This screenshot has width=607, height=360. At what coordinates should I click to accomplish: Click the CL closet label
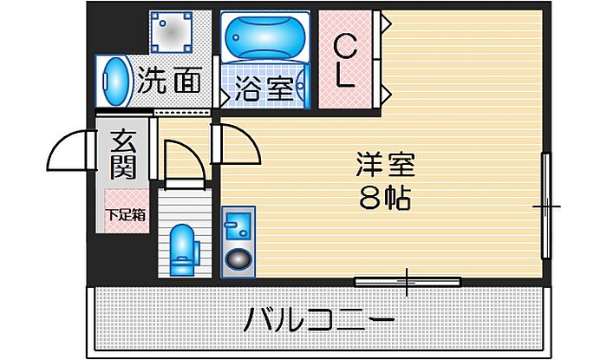[x=345, y=60]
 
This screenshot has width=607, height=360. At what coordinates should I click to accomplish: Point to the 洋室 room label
[x=385, y=164]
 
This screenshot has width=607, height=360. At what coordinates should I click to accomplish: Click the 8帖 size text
[x=385, y=200]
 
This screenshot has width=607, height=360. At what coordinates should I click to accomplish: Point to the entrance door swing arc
[x=71, y=149]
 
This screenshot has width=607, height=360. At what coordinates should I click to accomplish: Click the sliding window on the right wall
[x=546, y=206]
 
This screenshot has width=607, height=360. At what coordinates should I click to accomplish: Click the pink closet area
[x=345, y=60]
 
